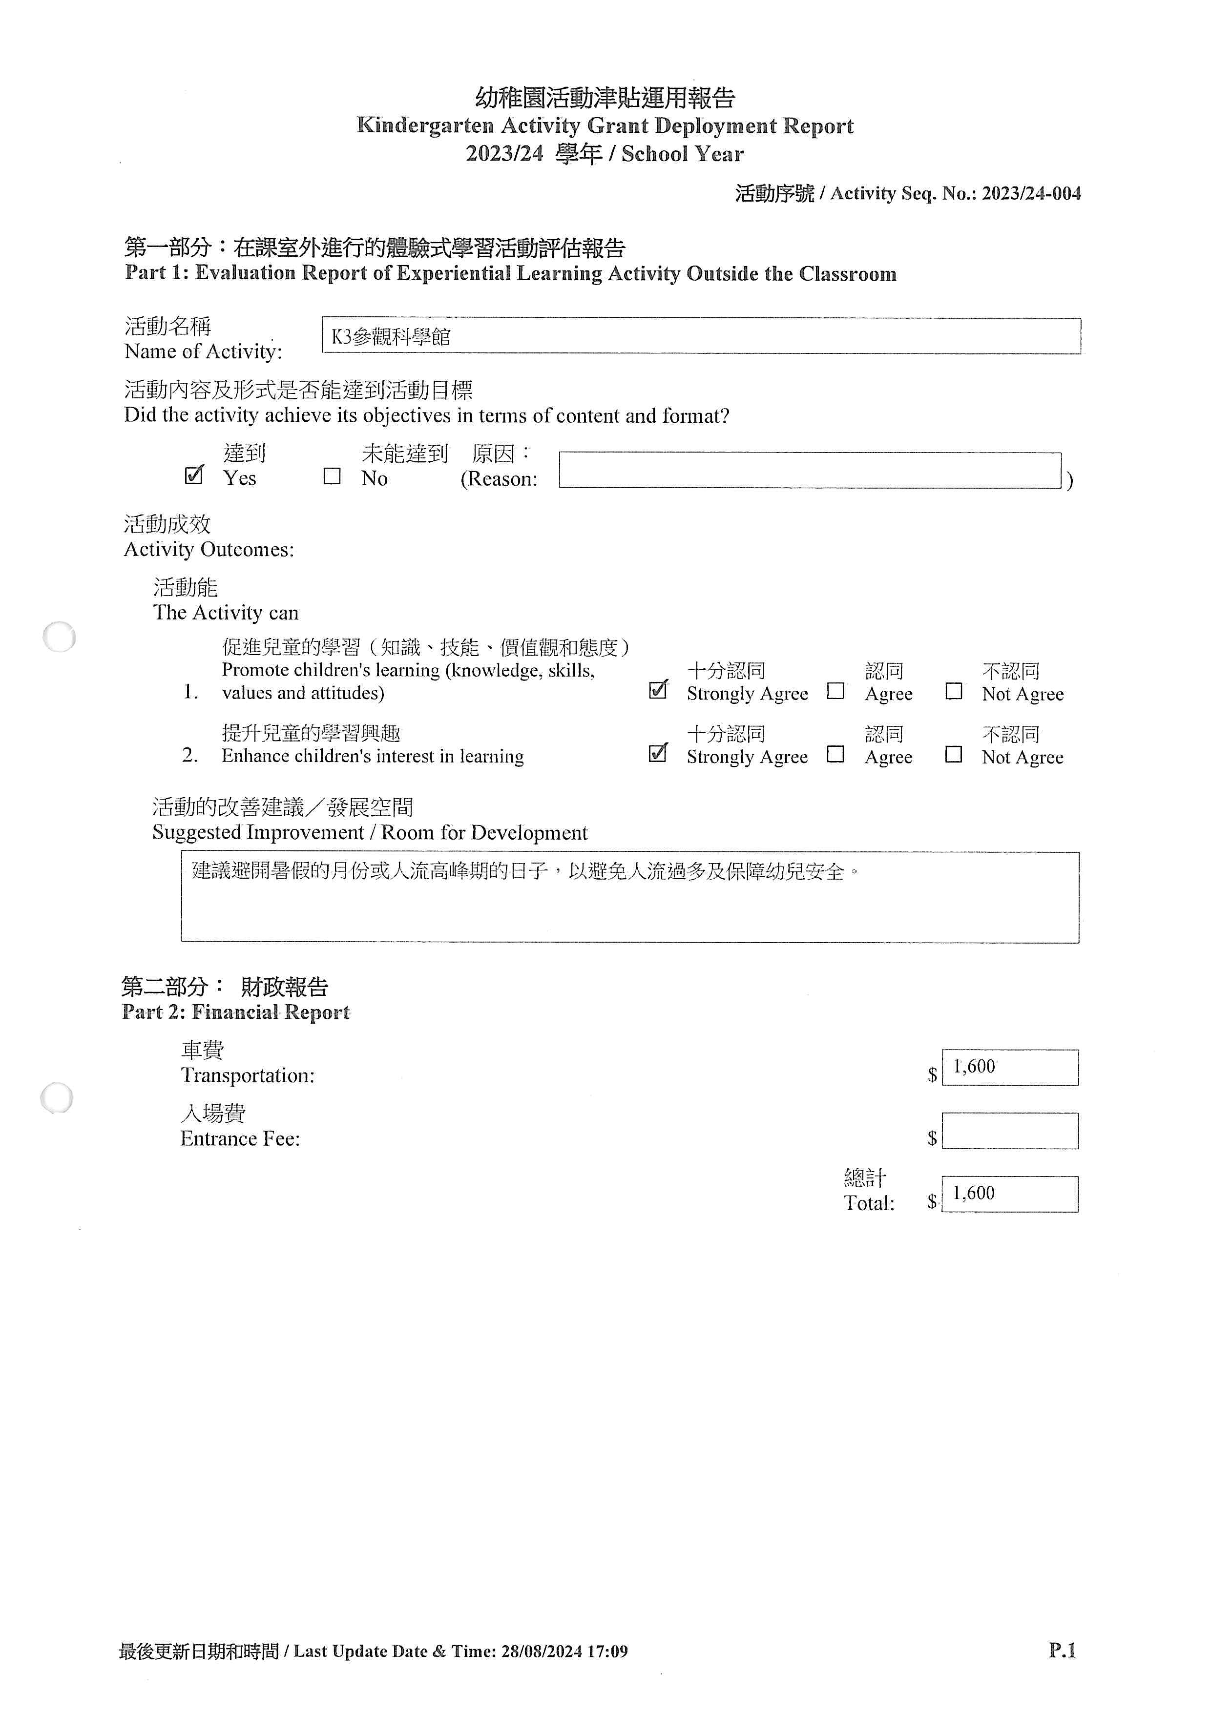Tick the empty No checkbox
point(332,476)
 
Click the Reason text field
point(810,471)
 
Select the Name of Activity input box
point(701,336)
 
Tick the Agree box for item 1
point(835,691)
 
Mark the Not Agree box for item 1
point(953,691)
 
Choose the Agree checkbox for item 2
point(835,755)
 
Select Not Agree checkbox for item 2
point(953,755)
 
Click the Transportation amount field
point(1010,1067)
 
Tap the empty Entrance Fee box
point(1010,1131)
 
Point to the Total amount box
point(1010,1194)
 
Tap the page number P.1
point(1062,1650)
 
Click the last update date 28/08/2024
point(542,1651)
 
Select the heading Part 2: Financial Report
point(236,1012)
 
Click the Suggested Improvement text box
point(629,897)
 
